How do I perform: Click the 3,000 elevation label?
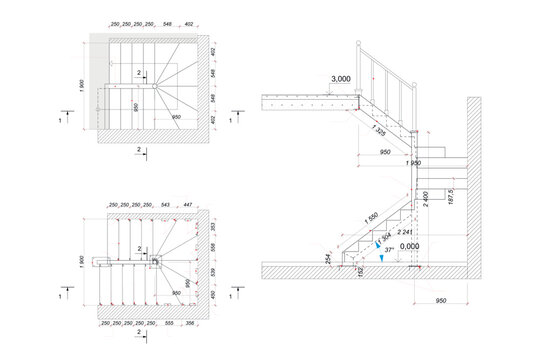click(x=338, y=78)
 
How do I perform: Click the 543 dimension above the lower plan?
click(x=166, y=204)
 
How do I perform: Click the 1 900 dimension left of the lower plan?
click(x=82, y=262)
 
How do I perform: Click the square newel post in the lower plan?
click(x=155, y=262)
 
